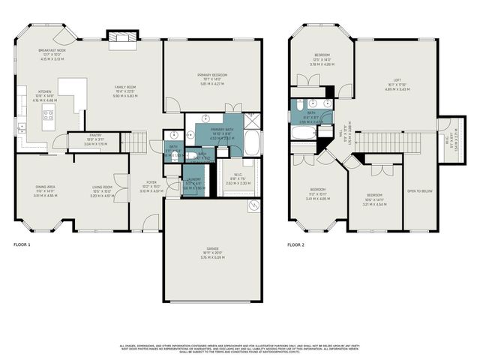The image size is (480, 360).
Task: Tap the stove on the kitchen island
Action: (x=48, y=115)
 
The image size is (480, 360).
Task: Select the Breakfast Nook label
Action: (x=52, y=50)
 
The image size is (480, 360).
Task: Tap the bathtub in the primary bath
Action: (x=252, y=142)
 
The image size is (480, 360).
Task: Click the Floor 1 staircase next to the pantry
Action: (x=136, y=141)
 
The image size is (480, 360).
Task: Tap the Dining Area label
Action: (x=45, y=187)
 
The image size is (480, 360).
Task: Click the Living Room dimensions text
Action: (x=102, y=193)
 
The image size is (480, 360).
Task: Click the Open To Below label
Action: (x=420, y=191)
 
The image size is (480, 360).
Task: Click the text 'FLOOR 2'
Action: (x=297, y=244)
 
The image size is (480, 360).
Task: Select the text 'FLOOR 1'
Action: (x=23, y=244)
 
